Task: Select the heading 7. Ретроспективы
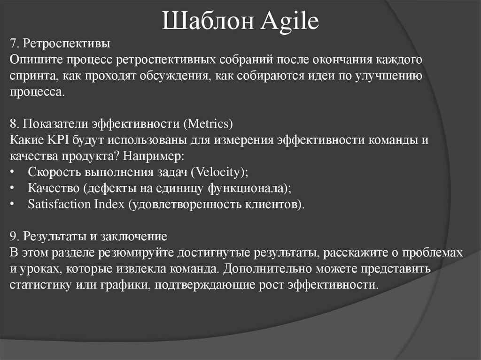pos(60,44)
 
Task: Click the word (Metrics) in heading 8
pos(208,124)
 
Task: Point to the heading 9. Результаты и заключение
pos(88,236)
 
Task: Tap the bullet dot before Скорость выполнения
pos(12,172)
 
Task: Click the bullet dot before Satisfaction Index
pos(12,204)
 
